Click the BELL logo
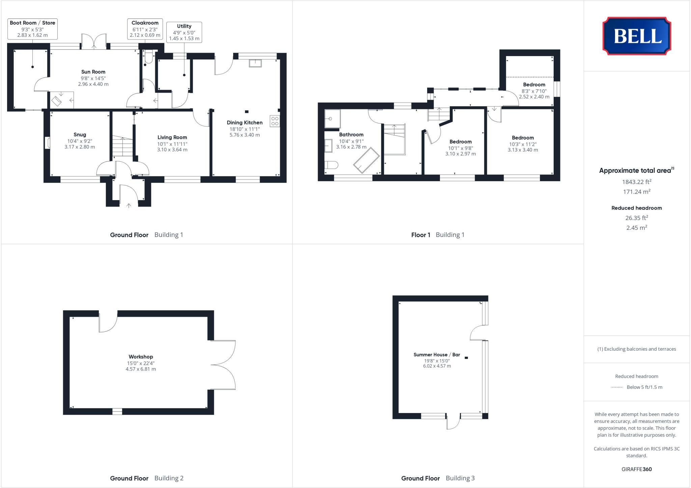637,36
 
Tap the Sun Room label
93,72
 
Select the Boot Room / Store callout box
32,29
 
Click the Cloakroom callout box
145,29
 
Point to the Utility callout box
184,32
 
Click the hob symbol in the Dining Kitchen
275,121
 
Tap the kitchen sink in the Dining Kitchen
255,63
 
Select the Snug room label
80,135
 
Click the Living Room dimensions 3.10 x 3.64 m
172,150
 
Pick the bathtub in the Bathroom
366,160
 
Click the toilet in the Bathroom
331,165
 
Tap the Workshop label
141,357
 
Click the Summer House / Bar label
437,355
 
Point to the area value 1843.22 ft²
636,182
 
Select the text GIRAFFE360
636,469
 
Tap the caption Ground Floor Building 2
146,478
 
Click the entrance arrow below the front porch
129,205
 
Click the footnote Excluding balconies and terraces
636,349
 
